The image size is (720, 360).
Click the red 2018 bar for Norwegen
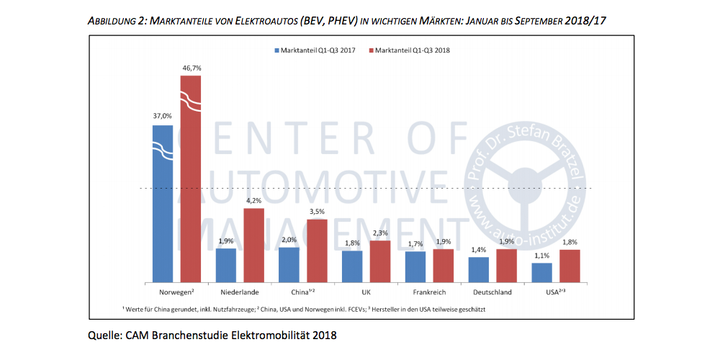191,180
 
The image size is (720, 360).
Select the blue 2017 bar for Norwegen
163,205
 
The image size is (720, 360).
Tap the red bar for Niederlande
253,245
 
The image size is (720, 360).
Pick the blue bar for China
289,264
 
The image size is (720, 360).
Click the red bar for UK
380,261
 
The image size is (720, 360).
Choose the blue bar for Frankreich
415,266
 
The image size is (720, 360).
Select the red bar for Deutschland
507,265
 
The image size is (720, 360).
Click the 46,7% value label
191,68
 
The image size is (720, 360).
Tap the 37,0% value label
163,116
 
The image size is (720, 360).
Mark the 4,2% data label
253,201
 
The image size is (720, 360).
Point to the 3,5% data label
317,212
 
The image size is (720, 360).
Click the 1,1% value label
541,255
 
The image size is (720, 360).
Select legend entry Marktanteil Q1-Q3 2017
317,50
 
